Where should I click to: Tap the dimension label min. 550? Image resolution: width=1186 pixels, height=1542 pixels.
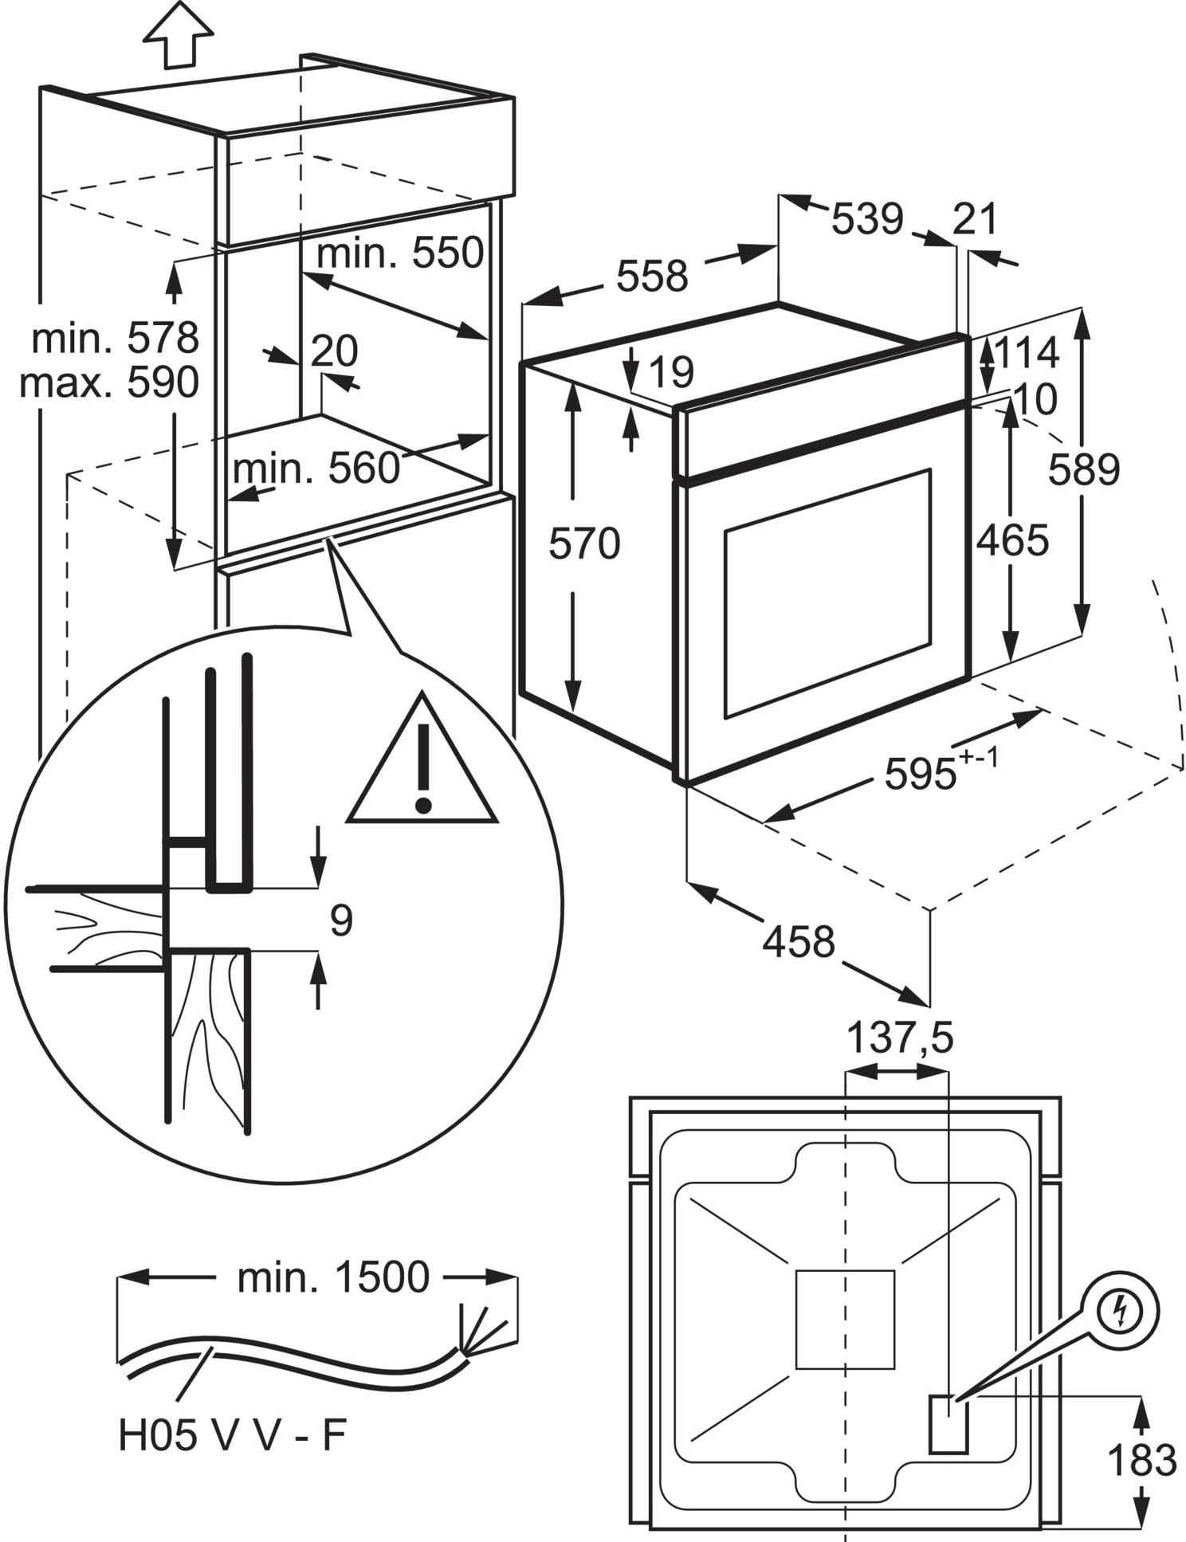tap(400, 253)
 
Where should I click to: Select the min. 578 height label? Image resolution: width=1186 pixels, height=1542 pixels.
tap(116, 339)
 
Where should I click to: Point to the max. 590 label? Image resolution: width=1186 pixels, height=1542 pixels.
tap(109, 383)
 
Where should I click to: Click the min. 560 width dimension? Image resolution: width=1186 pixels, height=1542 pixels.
tap(316, 469)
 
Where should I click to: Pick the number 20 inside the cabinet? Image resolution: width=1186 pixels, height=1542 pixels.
tap(334, 351)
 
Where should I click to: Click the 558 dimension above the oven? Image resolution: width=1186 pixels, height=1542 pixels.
tap(652, 277)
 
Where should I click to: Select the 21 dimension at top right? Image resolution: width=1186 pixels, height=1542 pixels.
tap(975, 220)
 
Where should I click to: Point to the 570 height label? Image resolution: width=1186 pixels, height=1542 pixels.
tap(584, 545)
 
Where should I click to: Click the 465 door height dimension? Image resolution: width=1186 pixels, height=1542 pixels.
tap(1012, 541)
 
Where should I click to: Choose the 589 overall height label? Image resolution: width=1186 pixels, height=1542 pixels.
tap(1083, 470)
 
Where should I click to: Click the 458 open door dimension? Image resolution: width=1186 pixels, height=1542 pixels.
tap(799, 941)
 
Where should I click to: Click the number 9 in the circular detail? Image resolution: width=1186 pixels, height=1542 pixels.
tap(341, 920)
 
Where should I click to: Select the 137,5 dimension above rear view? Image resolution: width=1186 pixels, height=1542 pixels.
tap(899, 1039)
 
